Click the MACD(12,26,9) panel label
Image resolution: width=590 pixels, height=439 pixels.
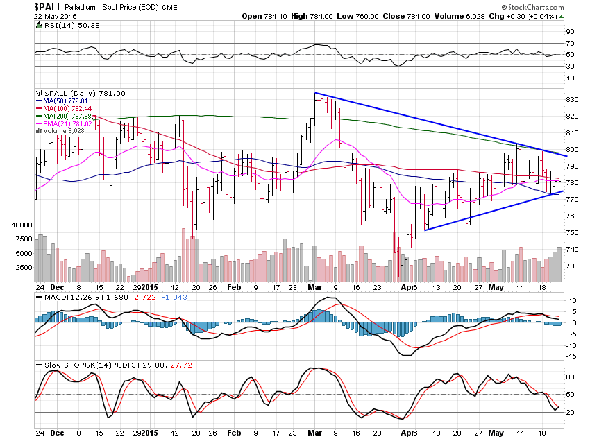tap(72, 297)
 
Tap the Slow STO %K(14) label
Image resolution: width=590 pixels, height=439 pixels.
tap(72, 365)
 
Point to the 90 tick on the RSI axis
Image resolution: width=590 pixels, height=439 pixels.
tap(569, 32)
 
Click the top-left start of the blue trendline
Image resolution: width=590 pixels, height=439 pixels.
tap(315, 93)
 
